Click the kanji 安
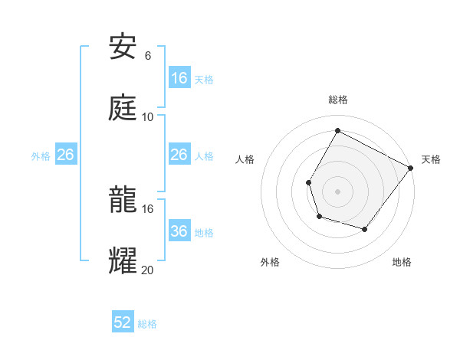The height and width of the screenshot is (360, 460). [123, 47]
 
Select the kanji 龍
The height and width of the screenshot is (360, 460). [123, 200]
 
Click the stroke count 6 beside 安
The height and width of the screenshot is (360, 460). [148, 56]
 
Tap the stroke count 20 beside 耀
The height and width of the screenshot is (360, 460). [148, 269]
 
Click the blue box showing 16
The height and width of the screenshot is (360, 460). [179, 78]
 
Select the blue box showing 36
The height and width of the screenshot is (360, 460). [179, 231]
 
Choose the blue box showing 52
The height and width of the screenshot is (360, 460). [123, 322]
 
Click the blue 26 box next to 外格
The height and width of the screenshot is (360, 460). [65, 155]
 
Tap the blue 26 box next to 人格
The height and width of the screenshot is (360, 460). [179, 155]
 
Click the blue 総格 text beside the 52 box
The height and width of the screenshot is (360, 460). [147, 324]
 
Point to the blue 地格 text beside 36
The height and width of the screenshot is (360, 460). [204, 233]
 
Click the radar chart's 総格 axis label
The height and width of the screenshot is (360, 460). [337, 100]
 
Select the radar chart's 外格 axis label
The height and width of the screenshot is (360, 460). [270, 262]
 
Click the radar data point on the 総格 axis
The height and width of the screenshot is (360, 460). [337, 130]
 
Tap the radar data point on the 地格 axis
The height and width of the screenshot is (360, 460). [365, 230]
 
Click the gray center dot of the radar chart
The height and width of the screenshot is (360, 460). [337, 191]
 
